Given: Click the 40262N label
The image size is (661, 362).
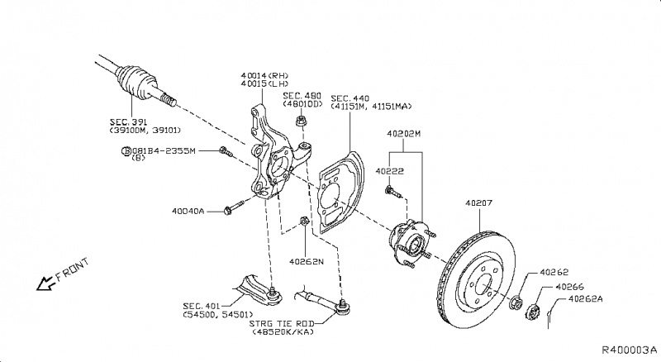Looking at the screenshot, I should tap(307, 262).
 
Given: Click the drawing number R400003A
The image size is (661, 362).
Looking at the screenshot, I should tap(628, 351).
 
